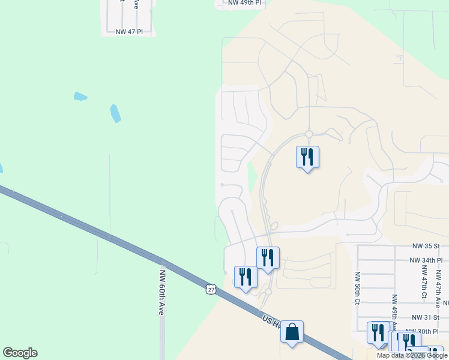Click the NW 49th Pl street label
pyautogui.click(x=245, y=3)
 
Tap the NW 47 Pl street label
pyautogui.click(x=129, y=31)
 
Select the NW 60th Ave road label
pyautogui.click(x=161, y=292)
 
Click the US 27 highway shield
pyautogui.click(x=210, y=289)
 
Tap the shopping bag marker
pyautogui.click(x=292, y=332)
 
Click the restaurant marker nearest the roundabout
pyautogui.click(x=307, y=157)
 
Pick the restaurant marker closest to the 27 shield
pyautogui.click(x=246, y=277)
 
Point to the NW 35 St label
pyautogui.click(x=426, y=246)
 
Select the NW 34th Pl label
pyautogui.click(x=426, y=260)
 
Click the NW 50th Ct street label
pyautogui.click(x=357, y=288)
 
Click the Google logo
pyautogui.click(x=20, y=353)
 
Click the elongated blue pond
pyautogui.click(x=115, y=113)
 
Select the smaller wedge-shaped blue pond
pyautogui.click(x=80, y=96)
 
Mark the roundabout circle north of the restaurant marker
pyautogui.click(x=309, y=134)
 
